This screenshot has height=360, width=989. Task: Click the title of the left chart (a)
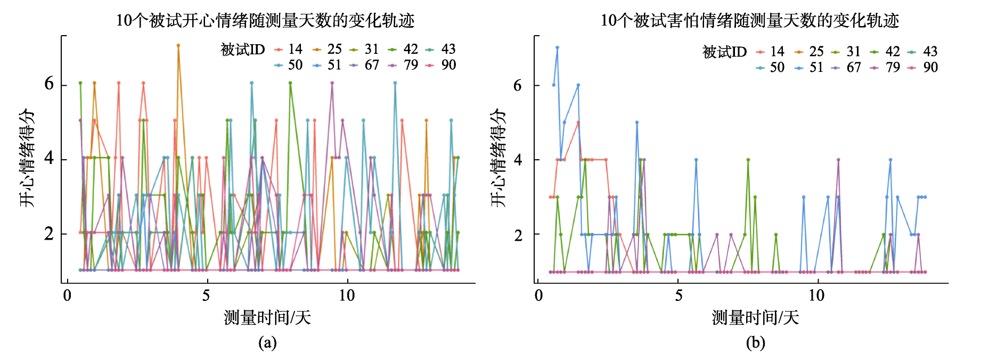[265, 20]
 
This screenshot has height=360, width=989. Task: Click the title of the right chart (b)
[750, 20]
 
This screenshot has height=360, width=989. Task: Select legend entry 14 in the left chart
[288, 50]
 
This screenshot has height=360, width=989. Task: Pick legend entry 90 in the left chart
[441, 65]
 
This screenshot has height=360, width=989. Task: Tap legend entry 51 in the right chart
[809, 68]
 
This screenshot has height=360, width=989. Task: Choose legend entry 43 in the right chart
[923, 52]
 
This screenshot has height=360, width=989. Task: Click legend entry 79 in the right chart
[885, 68]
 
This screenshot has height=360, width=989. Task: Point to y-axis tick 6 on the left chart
[49, 84]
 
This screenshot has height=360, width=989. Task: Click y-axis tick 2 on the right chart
[518, 234]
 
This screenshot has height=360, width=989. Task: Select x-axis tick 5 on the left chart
[206, 296]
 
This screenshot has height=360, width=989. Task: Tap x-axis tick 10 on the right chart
[816, 296]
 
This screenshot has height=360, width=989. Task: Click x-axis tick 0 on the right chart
[539, 296]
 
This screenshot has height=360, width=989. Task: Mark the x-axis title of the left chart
[267, 318]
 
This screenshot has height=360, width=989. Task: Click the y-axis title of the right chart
[498, 158]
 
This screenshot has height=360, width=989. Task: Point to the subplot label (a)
[267, 342]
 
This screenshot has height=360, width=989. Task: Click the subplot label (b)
[755, 342]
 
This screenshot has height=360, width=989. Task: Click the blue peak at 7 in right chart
[557, 47]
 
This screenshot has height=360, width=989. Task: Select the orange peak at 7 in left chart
[178, 46]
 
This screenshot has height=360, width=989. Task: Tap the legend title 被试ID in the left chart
[243, 50]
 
